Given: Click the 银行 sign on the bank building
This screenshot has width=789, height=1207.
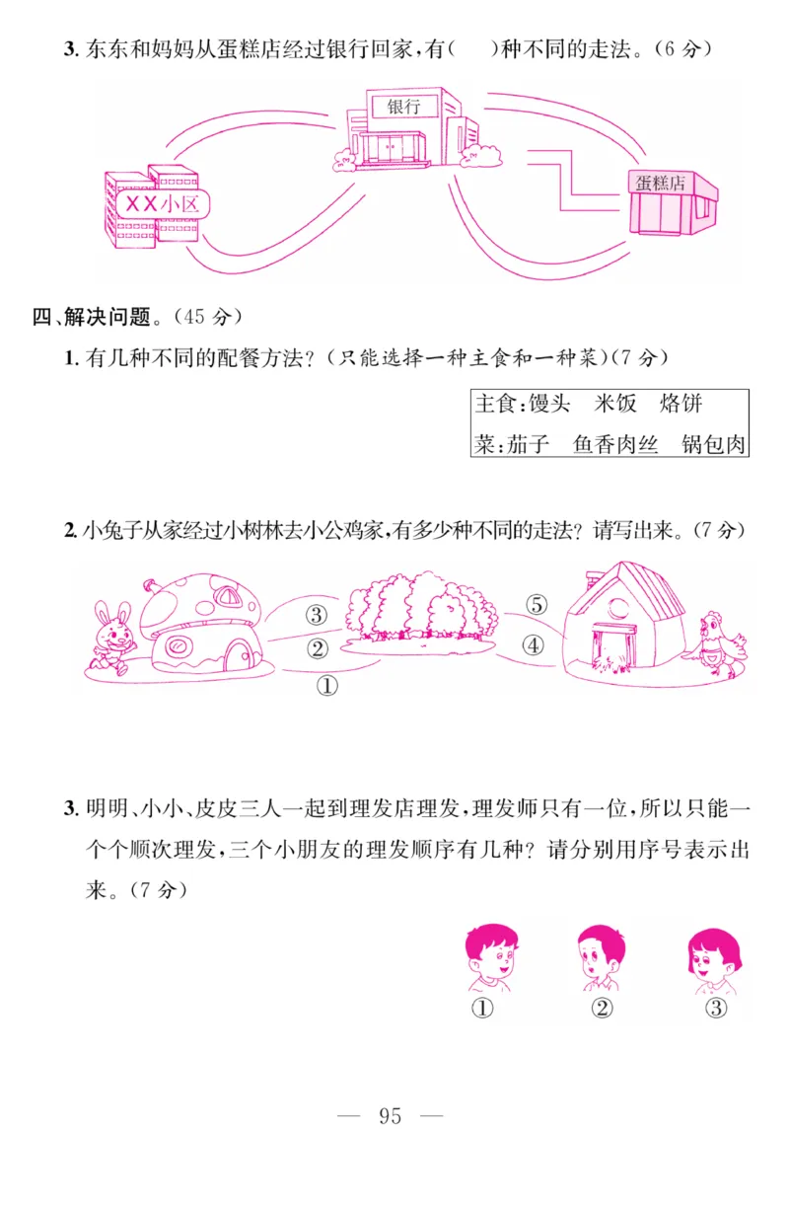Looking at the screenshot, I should coord(404,106).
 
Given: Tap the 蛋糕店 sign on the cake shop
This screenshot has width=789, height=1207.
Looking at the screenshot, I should coord(660,183).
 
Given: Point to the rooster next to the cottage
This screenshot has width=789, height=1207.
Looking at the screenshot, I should coord(721,643).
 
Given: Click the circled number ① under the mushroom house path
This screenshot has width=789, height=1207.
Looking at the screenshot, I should coord(326,685).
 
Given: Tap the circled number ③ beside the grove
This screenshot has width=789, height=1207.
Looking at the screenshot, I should coord(316,615).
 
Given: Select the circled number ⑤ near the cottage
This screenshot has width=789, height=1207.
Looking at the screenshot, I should coord(536,605).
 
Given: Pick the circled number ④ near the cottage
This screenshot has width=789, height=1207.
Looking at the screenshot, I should coord(533,646).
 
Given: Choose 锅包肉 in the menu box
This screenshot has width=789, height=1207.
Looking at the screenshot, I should coord(714,445).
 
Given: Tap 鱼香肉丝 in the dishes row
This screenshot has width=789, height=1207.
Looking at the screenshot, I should coord(615,445).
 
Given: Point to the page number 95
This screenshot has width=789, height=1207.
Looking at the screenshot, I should coord(390,1116).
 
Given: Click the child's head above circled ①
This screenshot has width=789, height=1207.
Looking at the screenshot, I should coord(490,953).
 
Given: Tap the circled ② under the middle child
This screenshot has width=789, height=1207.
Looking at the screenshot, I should coord(602,1008).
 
